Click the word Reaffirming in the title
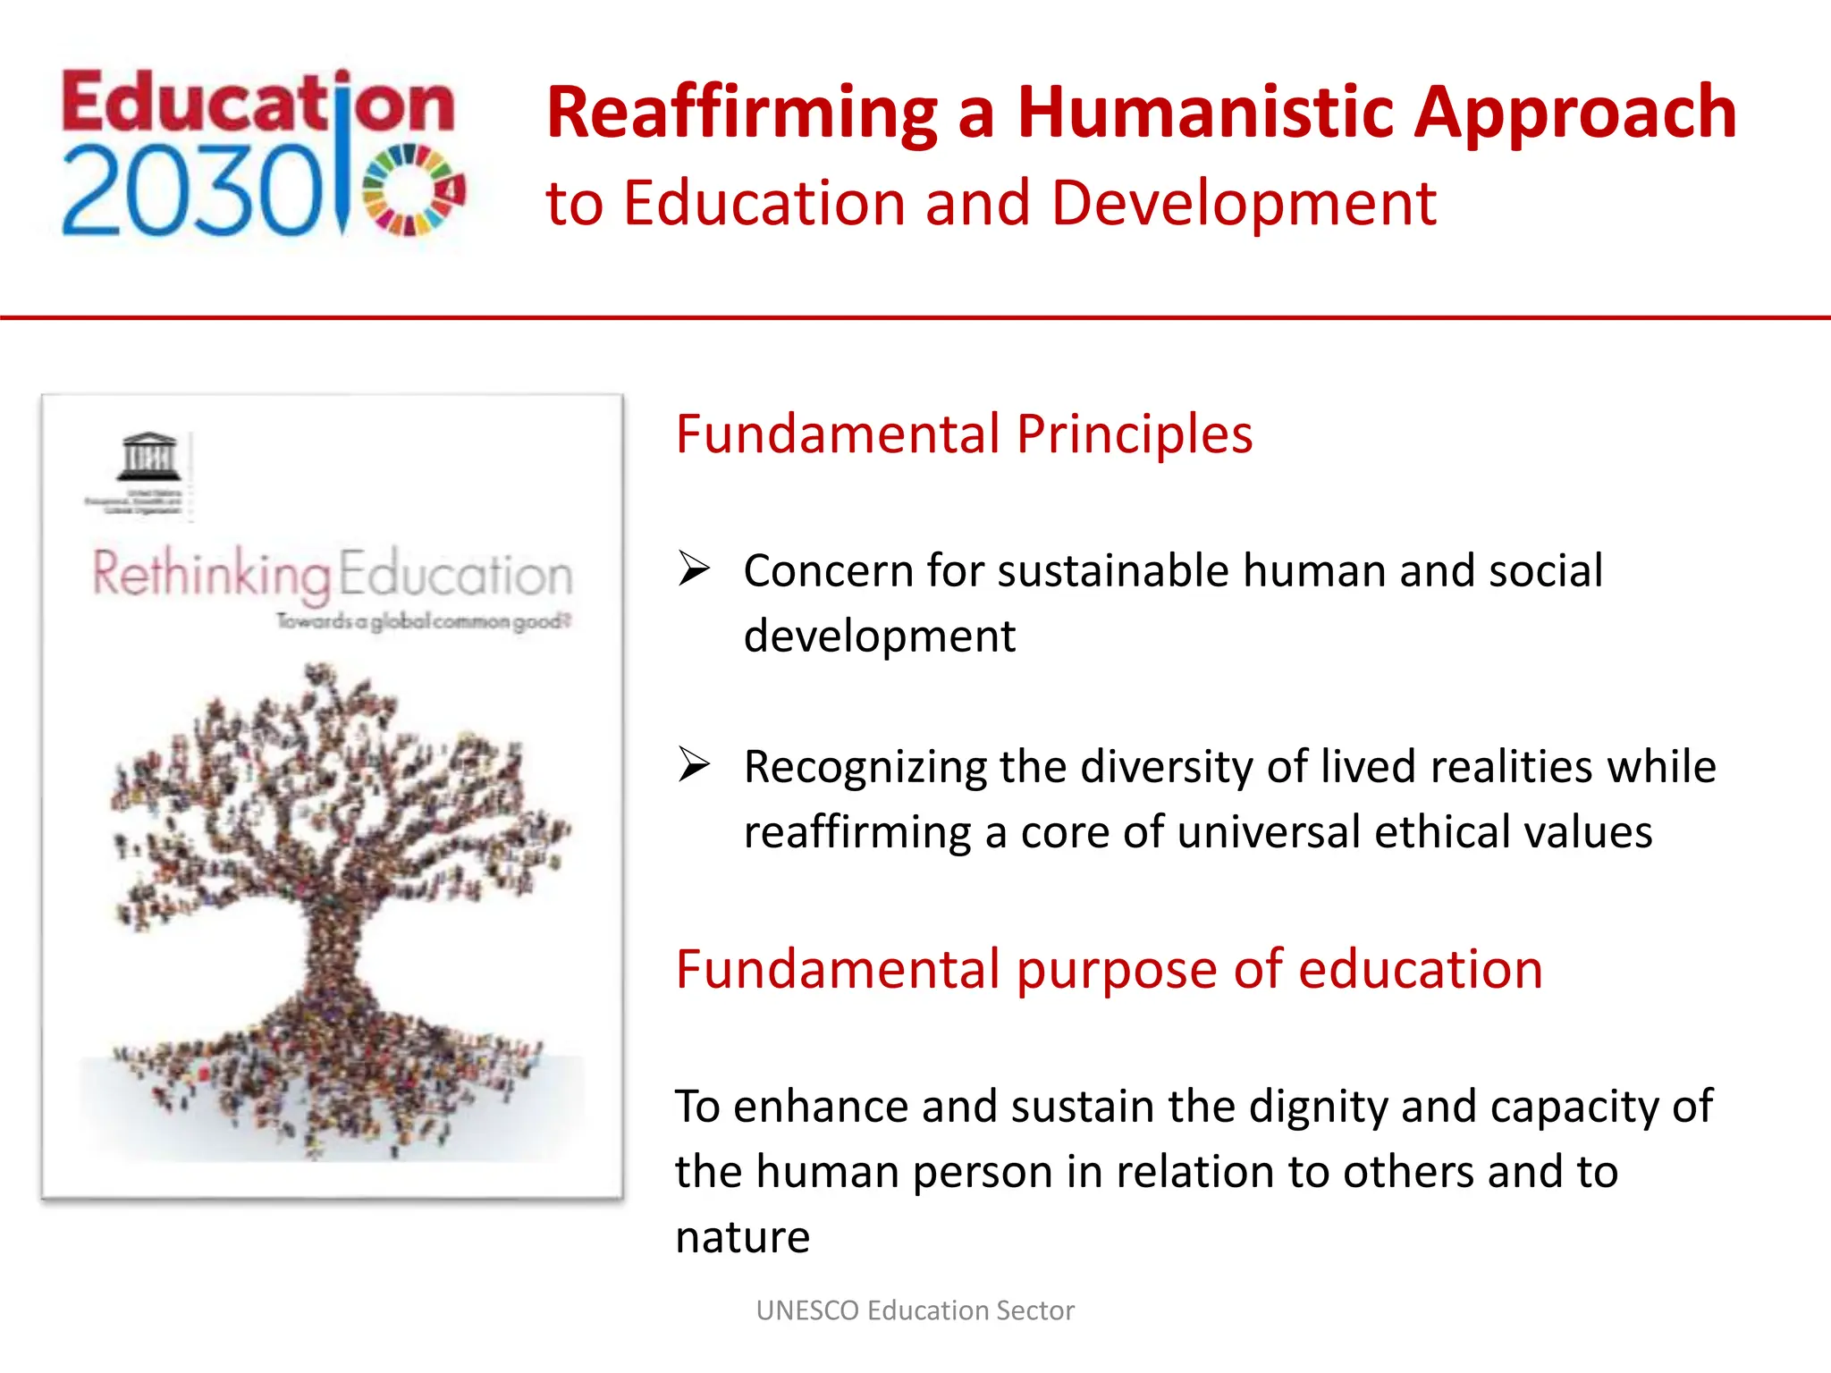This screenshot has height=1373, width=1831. (x=741, y=114)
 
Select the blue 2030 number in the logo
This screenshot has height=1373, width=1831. (x=191, y=193)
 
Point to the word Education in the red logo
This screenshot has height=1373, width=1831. (x=257, y=103)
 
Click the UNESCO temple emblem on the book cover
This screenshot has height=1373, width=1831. (x=148, y=457)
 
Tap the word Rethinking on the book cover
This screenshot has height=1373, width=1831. (x=212, y=574)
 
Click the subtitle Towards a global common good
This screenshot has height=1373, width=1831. (x=423, y=620)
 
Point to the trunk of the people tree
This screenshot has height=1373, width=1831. (x=333, y=948)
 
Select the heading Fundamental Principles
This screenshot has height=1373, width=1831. (x=964, y=434)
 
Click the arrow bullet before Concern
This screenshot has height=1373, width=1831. (x=694, y=569)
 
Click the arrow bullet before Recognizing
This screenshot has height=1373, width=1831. (x=694, y=764)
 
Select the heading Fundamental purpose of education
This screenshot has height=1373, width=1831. (x=1109, y=969)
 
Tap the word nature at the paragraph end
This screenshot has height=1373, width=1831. (x=742, y=1238)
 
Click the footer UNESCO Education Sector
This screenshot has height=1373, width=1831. (x=915, y=1310)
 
